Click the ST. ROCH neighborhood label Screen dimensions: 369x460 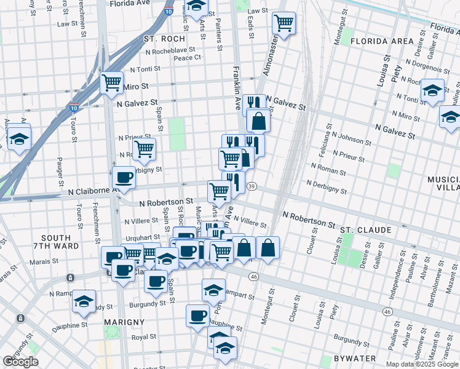point(161,38)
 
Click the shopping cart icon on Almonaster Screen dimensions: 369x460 point(284,23)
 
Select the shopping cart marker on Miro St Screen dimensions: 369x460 point(111,82)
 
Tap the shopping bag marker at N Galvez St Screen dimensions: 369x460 point(259,121)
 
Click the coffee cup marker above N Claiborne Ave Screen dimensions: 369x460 point(124,178)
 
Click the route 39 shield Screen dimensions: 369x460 point(252,186)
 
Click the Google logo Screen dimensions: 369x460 point(21,362)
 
